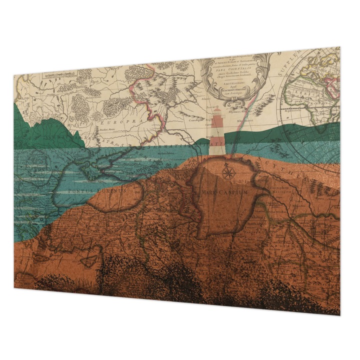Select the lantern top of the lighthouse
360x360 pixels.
click(x=217, y=119)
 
